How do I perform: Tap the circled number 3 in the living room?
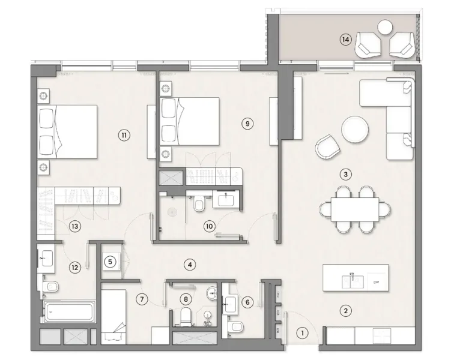[345, 175]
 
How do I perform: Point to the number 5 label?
[110, 262]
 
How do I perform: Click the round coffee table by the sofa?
[354, 128]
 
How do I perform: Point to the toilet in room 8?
[186, 316]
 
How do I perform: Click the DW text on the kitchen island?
[377, 281]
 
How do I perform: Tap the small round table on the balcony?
[384, 26]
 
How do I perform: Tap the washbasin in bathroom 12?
[46, 258]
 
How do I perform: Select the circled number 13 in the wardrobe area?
[74, 226]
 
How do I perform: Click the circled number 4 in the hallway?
[189, 263]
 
